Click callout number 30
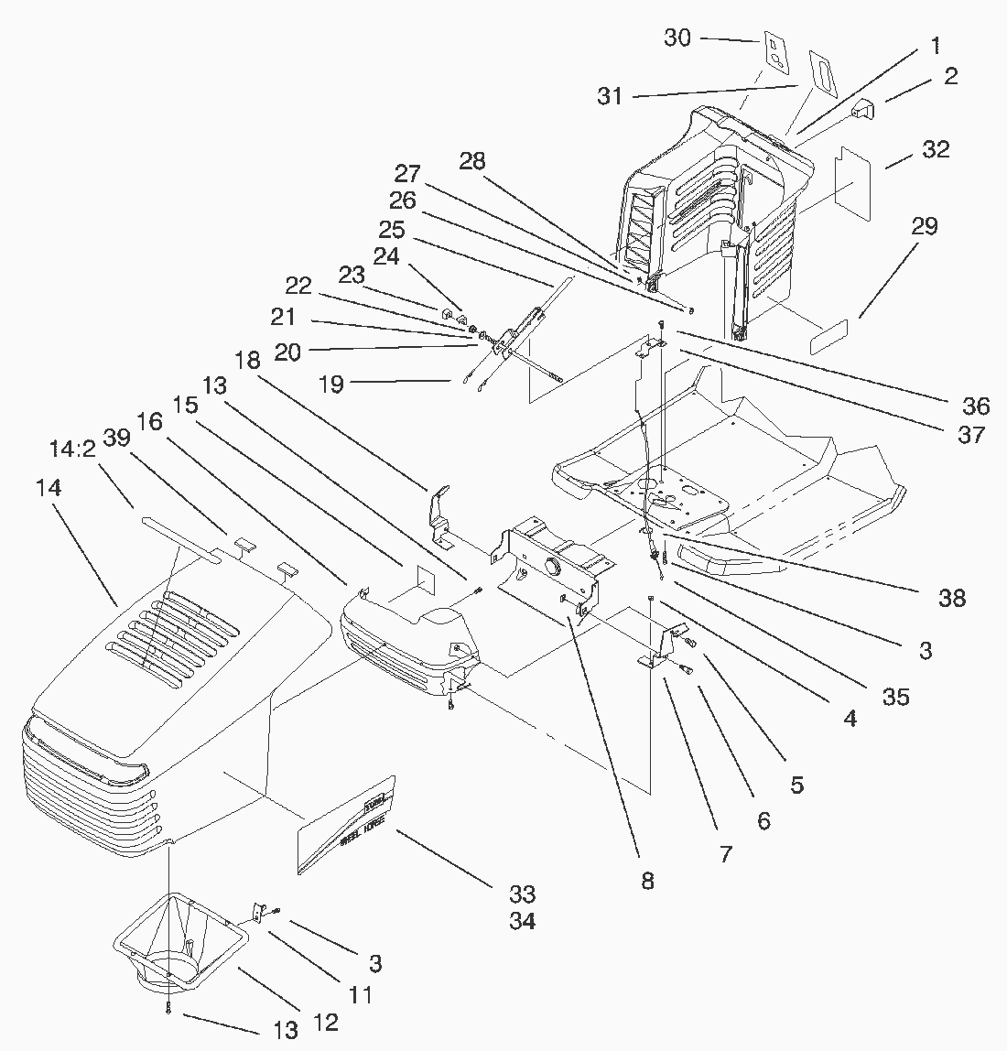point(677,38)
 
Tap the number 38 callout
point(952,598)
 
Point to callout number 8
point(647,881)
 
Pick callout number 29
point(925,226)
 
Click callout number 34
point(522,921)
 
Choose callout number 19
point(331,384)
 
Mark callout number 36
point(976,406)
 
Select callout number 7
point(726,854)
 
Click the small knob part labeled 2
point(863,110)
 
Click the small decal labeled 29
point(828,335)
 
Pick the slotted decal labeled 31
point(822,71)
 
